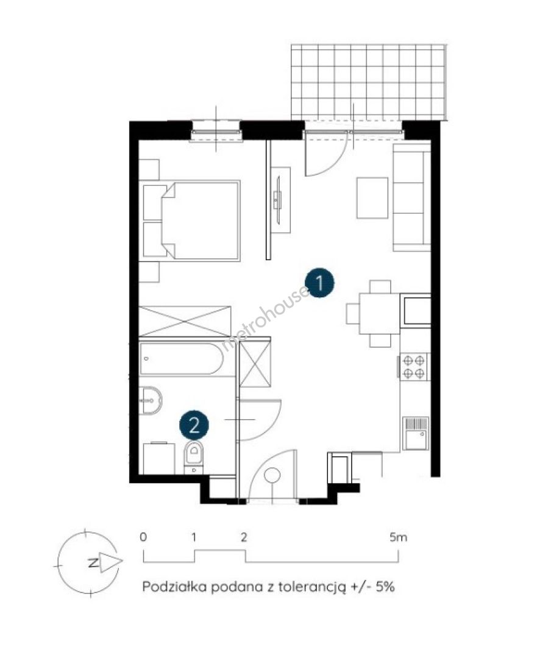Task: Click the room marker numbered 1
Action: (x=321, y=283)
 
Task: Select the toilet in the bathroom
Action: (x=194, y=458)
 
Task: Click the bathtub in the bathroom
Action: (x=182, y=359)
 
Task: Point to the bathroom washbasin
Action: (x=151, y=400)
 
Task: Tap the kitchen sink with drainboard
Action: (x=416, y=433)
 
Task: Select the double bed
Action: (x=191, y=221)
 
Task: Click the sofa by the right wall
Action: (x=411, y=197)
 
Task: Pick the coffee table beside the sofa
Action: (x=372, y=197)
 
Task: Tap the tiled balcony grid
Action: (x=368, y=82)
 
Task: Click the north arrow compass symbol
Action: (x=90, y=562)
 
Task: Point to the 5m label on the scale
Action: (x=398, y=537)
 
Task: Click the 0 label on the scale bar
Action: (x=144, y=537)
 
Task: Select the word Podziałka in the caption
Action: (x=174, y=586)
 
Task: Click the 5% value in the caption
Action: (x=385, y=586)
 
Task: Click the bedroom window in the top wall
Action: (x=216, y=132)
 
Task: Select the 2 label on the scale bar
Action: (x=244, y=537)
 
